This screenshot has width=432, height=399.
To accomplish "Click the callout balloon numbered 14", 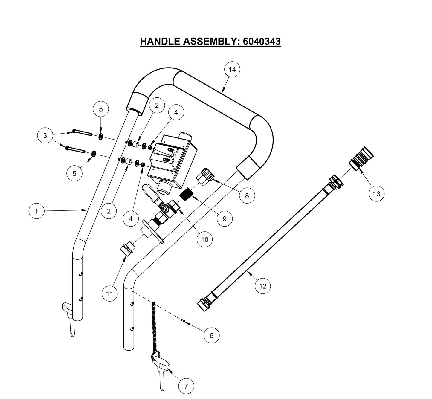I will click(232, 69).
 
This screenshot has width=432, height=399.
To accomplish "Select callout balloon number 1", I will click(36, 211).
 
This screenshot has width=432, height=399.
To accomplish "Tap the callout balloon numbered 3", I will click(45, 135).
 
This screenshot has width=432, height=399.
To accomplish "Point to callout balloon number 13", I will click(376, 194).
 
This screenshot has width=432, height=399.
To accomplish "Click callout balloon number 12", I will click(262, 286).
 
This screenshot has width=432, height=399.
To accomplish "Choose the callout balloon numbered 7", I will click(186, 386).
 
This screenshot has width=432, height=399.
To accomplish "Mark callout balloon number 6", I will click(211, 335).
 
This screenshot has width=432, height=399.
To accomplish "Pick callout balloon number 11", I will click(109, 294).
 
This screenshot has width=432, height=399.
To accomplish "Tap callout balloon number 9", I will click(225, 219).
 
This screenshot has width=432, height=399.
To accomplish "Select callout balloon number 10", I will click(204, 239).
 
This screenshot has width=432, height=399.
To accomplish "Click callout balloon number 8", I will click(247, 195).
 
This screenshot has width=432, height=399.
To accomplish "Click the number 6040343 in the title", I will click(262, 41).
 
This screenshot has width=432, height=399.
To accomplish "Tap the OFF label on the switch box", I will click(166, 160).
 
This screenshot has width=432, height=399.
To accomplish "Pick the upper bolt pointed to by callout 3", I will click(81, 133).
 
